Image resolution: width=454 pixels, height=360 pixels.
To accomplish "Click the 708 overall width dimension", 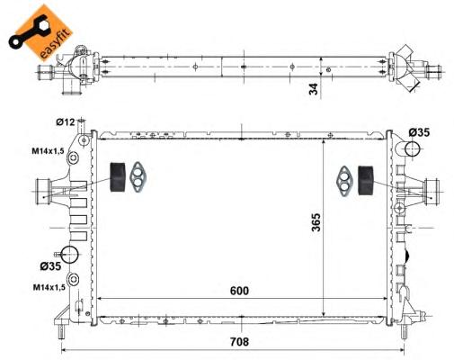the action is tap(239, 341).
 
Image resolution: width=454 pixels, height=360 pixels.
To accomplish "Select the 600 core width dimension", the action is tap(239, 291).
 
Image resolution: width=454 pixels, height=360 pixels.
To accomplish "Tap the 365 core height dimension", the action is tap(316, 222).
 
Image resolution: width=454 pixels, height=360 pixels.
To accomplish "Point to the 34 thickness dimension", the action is tap(314, 89).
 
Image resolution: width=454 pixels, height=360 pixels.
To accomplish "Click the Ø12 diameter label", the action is tap(65, 121).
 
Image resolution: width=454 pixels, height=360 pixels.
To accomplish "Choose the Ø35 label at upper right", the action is tap(419, 132).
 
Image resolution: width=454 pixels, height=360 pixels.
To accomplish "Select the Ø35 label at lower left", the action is tap(50, 265).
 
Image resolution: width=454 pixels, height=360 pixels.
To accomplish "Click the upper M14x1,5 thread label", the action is tap(48, 151).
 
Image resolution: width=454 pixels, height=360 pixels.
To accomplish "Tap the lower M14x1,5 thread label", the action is tap(49, 287).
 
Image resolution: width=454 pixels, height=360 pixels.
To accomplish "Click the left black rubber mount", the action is tap(118, 177).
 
